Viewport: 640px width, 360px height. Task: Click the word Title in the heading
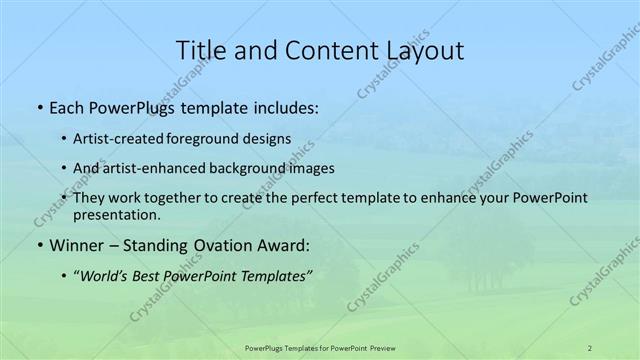coord(201,51)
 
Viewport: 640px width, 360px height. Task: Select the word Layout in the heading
coord(424,51)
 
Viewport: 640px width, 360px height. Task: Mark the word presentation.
coord(117,214)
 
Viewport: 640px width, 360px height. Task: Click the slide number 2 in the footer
coord(589,347)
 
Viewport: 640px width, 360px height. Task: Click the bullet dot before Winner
coord(38,245)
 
